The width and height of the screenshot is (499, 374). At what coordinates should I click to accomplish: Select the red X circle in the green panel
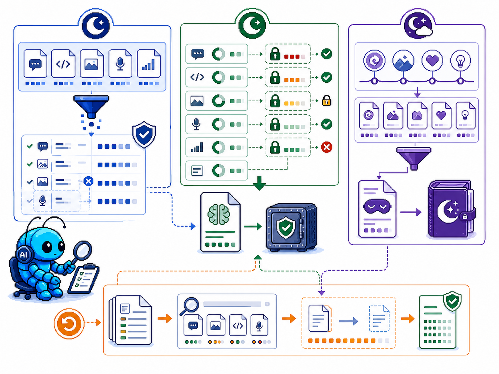pyautogui.click(x=327, y=147)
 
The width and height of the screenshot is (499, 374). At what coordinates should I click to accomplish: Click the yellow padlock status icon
pyautogui.click(x=327, y=101)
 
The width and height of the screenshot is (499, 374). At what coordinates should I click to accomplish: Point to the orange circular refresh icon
pyautogui.click(x=69, y=324)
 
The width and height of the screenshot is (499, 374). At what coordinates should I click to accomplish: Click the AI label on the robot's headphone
pyautogui.click(x=24, y=254)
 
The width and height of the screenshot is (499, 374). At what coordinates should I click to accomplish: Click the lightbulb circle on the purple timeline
pyautogui.click(x=460, y=61)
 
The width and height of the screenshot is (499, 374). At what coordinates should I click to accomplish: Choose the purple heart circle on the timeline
pyautogui.click(x=432, y=61)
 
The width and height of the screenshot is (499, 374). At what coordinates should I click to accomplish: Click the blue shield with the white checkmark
pyautogui.click(x=144, y=134)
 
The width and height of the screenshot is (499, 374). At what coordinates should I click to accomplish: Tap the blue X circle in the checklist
pyautogui.click(x=89, y=181)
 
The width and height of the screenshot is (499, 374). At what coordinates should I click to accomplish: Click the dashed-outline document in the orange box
pyautogui.click(x=379, y=318)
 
